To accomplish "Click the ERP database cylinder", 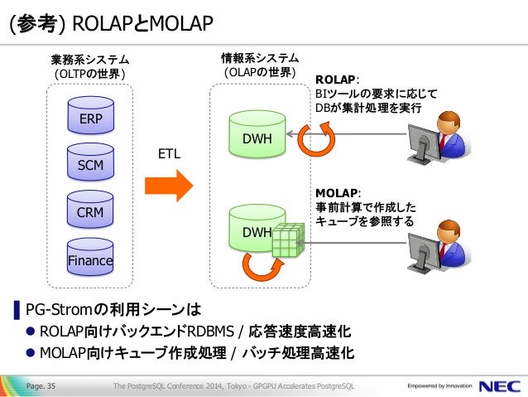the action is click(x=90, y=115).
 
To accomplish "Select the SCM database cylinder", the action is click(x=90, y=162).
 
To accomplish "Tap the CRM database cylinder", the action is click(x=90, y=209).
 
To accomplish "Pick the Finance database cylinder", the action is click(x=90, y=257).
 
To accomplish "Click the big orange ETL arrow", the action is click(x=169, y=186).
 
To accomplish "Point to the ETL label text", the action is click(x=169, y=154).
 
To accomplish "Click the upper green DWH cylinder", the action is click(x=257, y=134).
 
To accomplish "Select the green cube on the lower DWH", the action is click(x=288, y=240).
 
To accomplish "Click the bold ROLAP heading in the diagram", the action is click(x=335, y=80).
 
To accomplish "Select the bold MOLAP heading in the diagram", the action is click(x=336, y=193).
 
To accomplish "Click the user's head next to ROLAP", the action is click(x=449, y=123).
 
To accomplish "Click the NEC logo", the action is click(x=500, y=386).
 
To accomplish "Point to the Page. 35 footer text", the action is click(x=41, y=386).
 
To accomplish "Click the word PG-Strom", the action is click(x=59, y=310).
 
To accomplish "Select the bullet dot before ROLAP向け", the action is click(x=31, y=332).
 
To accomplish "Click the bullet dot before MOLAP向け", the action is click(x=31, y=353).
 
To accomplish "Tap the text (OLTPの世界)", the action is click(x=90, y=74).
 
